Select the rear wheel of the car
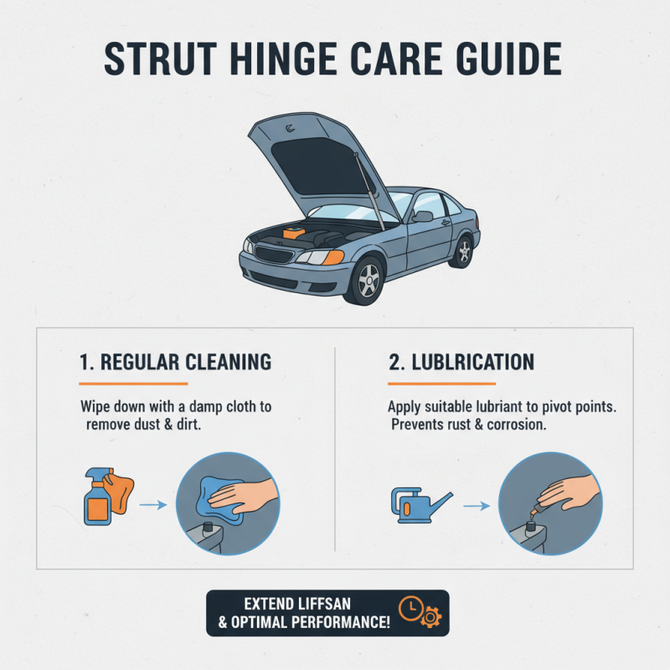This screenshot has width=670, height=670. pos(464,252)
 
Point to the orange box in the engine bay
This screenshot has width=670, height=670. pos(294,234)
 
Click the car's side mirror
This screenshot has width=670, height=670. pos(422,216)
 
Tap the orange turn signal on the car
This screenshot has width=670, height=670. pos(333,257)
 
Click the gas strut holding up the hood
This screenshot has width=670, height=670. pos(368,190)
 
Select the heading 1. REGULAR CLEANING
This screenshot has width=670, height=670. pos(175,363)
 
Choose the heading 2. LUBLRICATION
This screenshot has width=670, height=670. pos(461,363)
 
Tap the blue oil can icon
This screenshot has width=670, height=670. pos(421,506)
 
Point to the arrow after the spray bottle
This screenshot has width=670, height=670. pos(153,505)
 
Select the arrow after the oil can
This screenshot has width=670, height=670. pos(477,506)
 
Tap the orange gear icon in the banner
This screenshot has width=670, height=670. pos(431,617)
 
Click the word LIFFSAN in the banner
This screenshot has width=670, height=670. pos(324,604)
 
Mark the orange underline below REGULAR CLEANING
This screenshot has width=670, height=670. pos(133,384)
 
